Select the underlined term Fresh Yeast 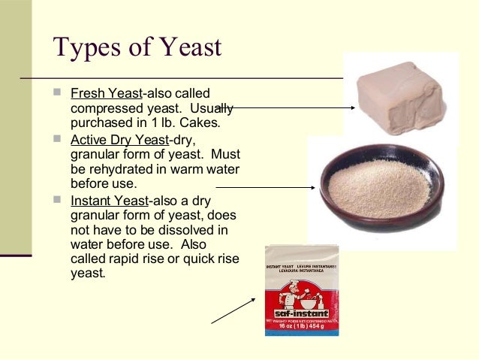[106, 95]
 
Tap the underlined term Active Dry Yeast [120, 139]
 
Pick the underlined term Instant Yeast [109, 201]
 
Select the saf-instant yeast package [301, 290]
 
